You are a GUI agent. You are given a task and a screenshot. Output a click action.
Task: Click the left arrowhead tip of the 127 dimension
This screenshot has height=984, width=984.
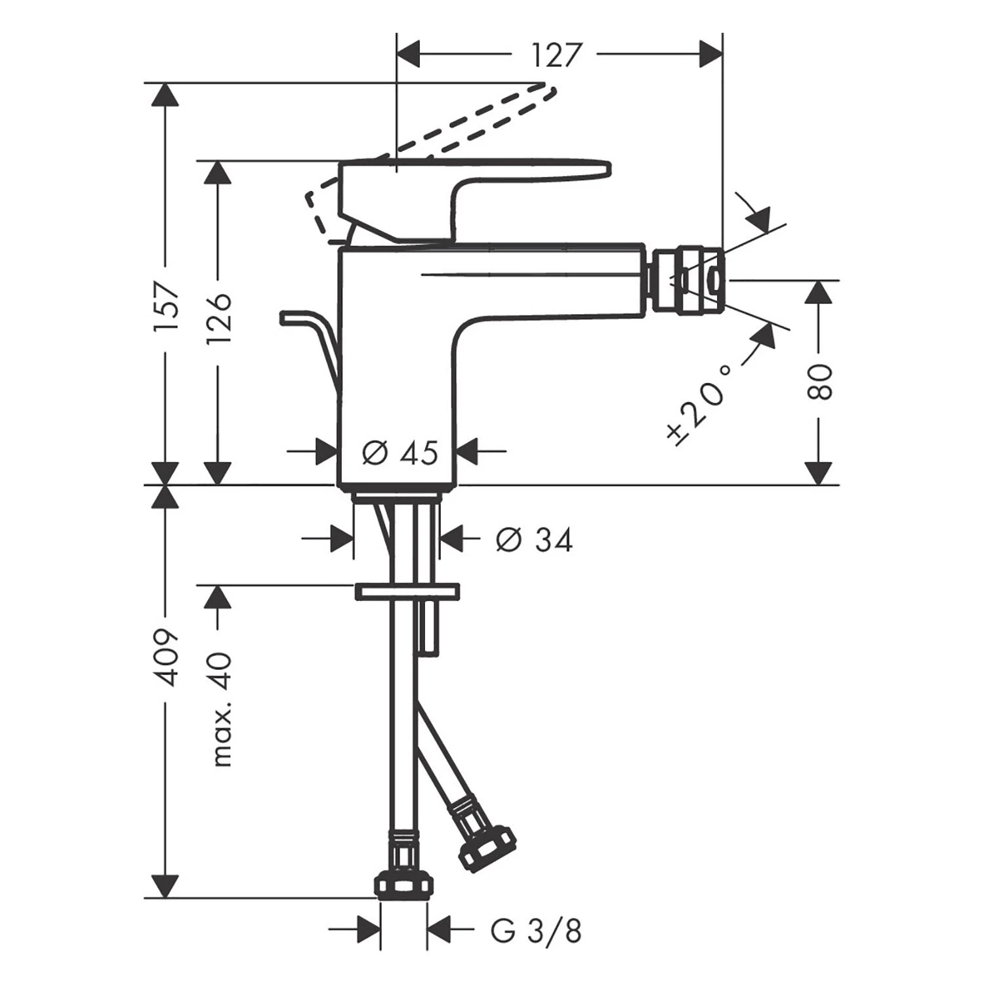pyautogui.click(x=398, y=53)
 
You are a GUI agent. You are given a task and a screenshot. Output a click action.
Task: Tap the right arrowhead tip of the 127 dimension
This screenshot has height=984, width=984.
pyautogui.click(x=722, y=53)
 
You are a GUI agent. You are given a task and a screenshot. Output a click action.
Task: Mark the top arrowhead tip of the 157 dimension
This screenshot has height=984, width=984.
pyautogui.click(x=164, y=83)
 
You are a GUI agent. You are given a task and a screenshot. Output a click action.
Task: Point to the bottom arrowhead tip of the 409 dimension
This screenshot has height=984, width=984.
pyautogui.click(x=164, y=898)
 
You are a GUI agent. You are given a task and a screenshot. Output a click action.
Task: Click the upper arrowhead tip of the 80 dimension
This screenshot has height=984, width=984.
pyautogui.click(x=818, y=280)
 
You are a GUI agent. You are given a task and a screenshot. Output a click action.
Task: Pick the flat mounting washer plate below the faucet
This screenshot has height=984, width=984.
pyautogui.click(x=407, y=591)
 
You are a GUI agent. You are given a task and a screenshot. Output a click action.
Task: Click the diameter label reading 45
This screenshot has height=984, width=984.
pyautogui.click(x=400, y=452)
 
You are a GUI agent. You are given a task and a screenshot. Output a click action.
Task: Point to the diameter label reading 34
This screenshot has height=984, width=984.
pyautogui.click(x=534, y=540)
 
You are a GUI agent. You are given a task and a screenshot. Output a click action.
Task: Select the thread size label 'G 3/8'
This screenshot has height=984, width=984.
pyautogui.click(x=536, y=931)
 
